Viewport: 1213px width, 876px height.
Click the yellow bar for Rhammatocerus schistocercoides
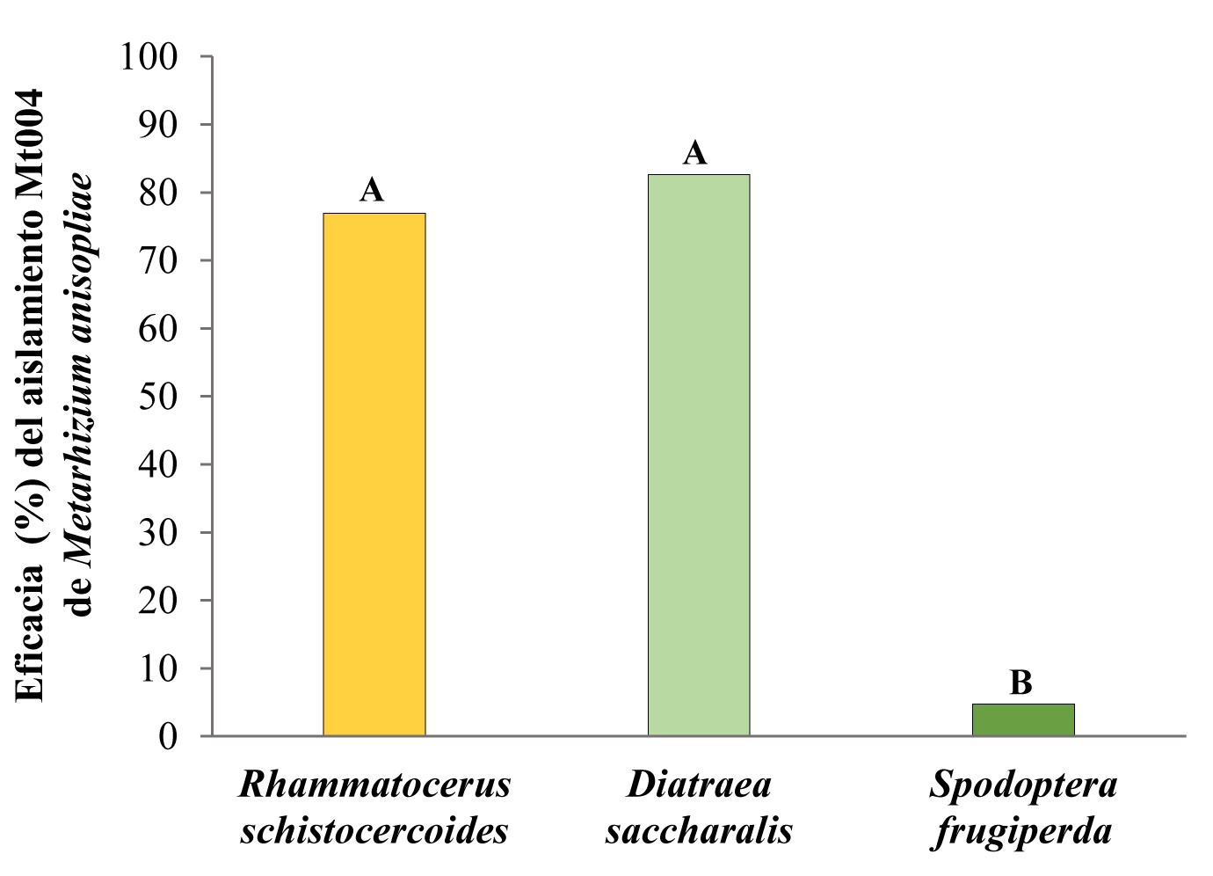[x=374, y=474]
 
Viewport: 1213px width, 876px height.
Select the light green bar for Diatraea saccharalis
[x=699, y=455]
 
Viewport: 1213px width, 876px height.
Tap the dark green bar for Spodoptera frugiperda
[x=1023, y=719]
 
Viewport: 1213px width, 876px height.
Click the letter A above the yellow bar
[x=372, y=190]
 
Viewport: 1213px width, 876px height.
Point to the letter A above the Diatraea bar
[x=694, y=153]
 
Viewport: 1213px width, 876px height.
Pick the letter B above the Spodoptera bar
[x=1021, y=683]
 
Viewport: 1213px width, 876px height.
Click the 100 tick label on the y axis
[x=149, y=57]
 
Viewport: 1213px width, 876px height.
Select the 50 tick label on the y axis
[x=158, y=397]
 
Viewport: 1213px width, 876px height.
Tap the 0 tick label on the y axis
[x=168, y=736]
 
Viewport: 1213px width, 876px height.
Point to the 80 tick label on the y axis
[x=158, y=193]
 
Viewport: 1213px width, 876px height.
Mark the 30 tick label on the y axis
[x=158, y=533]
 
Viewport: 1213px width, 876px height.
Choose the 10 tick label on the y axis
[x=158, y=668]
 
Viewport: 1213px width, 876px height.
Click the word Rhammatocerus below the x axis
[x=374, y=785]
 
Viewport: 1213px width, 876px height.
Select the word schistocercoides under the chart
[x=374, y=830]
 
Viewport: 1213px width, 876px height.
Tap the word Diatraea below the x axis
[x=699, y=785]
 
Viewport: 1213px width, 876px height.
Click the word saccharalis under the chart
[x=699, y=830]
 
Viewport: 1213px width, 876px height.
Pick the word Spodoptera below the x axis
[x=1023, y=785]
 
